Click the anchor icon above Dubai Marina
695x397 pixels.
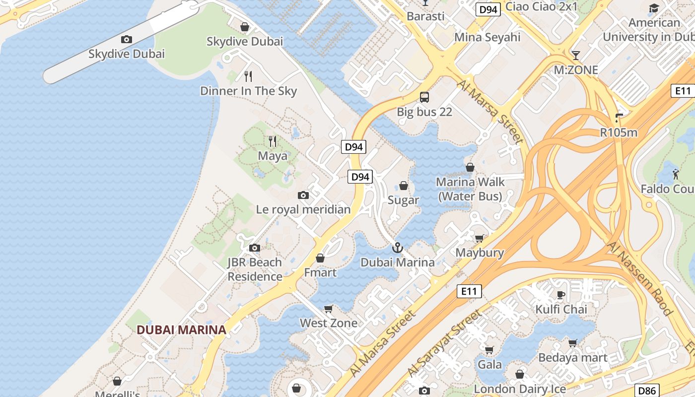[397, 247]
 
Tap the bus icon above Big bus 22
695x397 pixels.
[424, 97]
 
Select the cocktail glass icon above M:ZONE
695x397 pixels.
[576, 55]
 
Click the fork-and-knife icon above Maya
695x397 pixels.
[272, 141]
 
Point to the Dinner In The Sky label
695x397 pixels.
[248, 91]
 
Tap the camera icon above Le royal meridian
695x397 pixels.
[303, 195]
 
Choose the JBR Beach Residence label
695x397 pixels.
[255, 269]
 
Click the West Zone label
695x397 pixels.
[328, 323]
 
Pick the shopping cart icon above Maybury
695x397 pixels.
[480, 239]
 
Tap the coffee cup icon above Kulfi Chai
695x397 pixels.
[561, 295]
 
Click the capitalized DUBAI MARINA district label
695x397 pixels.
[181, 330]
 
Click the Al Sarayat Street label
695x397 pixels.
[444, 342]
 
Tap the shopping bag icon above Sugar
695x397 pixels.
[404, 186]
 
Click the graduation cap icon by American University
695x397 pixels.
[654, 8]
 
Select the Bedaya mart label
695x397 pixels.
[573, 357]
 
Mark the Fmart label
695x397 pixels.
[320, 272]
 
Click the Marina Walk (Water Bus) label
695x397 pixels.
[470, 189]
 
